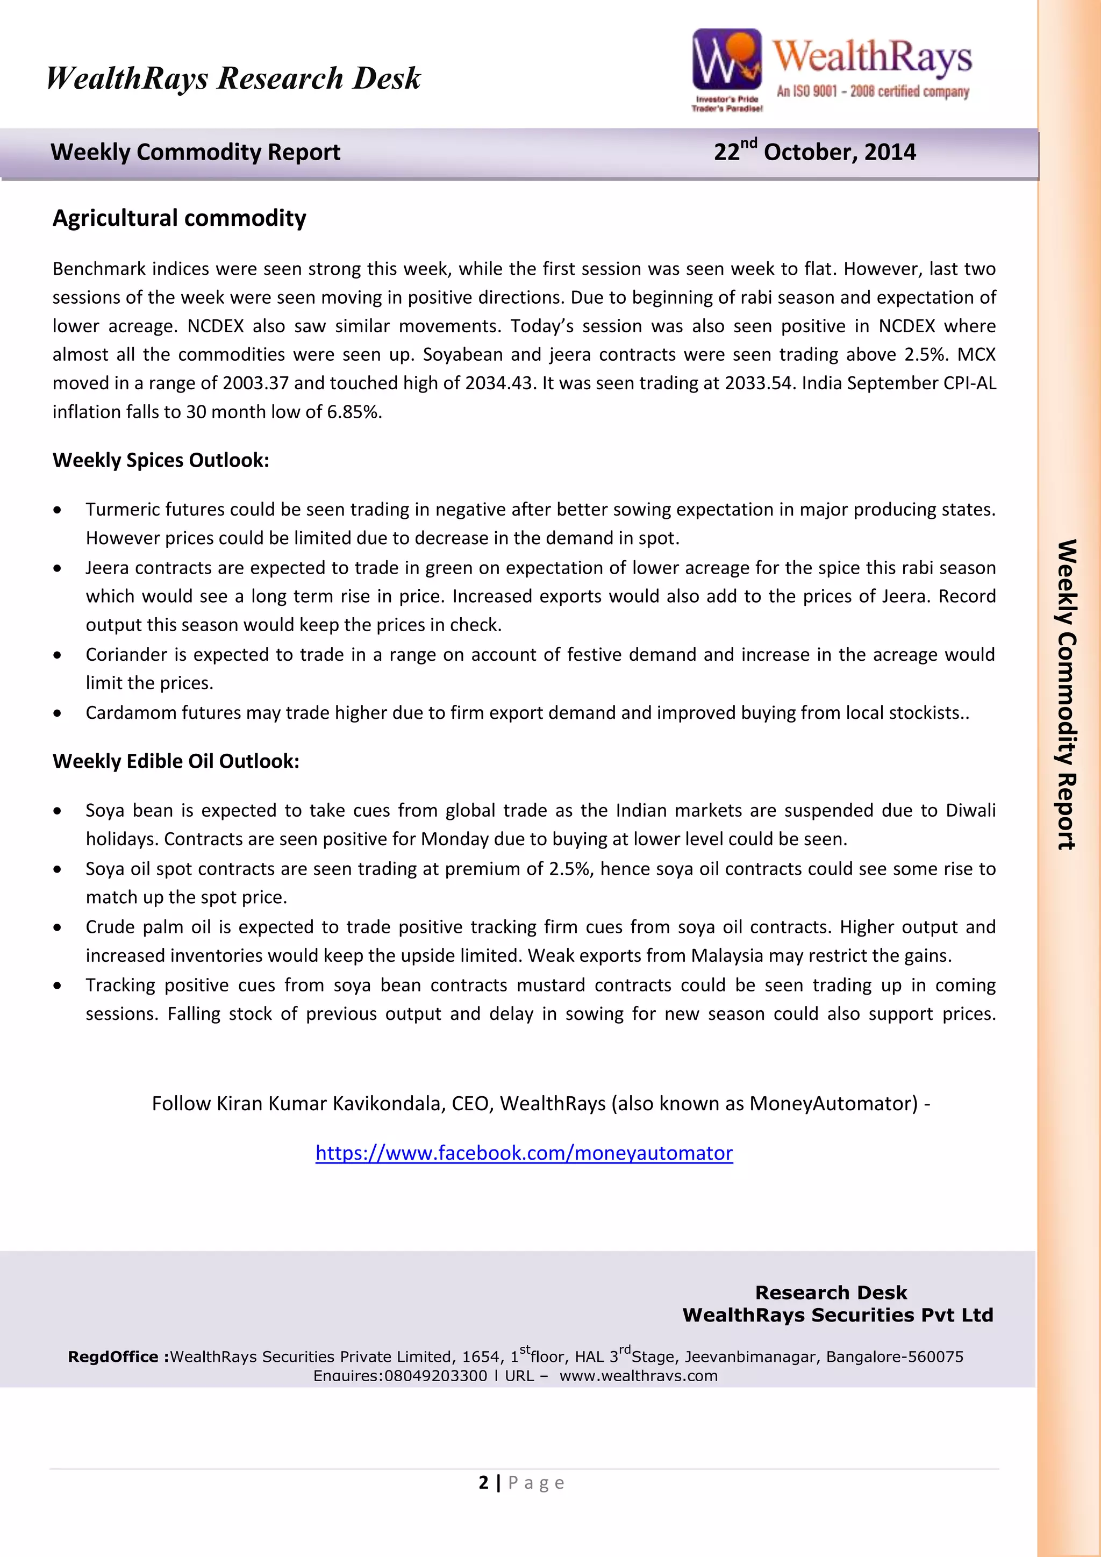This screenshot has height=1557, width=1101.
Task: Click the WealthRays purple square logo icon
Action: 726,60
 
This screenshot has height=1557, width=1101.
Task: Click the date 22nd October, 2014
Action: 814,151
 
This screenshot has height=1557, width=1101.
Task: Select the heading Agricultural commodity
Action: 179,218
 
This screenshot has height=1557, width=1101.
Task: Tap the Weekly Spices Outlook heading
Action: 161,460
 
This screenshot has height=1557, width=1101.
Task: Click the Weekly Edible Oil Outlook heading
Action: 176,761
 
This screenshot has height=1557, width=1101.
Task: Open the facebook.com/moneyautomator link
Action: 524,1153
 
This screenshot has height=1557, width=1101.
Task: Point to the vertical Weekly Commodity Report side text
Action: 1067,695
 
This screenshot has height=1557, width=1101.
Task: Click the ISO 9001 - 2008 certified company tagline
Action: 873,91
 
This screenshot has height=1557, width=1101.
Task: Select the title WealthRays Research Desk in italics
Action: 233,78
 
